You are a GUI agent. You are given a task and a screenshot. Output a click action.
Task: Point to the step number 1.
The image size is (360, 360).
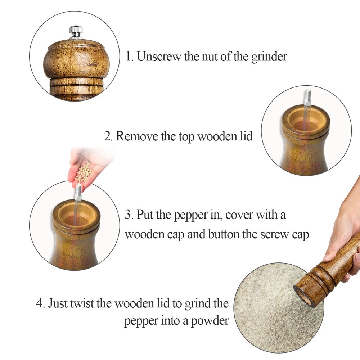tap(129, 57)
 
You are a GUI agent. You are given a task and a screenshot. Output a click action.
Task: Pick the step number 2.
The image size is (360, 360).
tap(108, 137)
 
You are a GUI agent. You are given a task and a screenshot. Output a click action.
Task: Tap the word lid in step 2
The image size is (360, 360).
tap(246, 136)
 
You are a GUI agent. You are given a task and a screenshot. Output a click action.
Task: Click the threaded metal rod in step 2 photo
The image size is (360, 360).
tap(307, 104)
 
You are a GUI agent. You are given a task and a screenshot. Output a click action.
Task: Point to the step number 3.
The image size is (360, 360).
tap(128, 215)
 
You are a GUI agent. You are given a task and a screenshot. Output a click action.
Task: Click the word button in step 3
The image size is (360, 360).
tap(224, 234)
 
